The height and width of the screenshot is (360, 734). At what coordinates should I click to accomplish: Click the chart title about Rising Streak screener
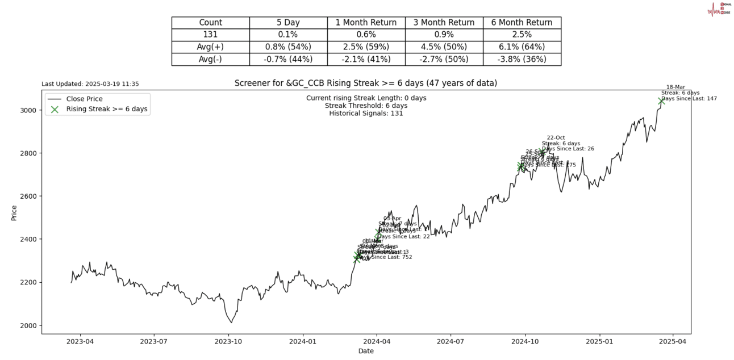tap(366, 83)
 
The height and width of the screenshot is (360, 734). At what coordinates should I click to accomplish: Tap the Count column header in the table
tap(210, 23)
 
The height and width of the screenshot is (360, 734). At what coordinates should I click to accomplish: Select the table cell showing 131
tap(210, 35)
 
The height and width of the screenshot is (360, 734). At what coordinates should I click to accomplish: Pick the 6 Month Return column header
tap(522, 23)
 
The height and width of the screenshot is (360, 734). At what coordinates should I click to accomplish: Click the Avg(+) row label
tap(210, 47)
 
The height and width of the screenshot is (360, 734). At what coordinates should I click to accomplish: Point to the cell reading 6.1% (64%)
tap(522, 47)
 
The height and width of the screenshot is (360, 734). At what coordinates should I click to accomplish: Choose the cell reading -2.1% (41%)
tap(366, 59)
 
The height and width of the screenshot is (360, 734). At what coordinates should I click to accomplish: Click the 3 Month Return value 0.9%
tap(444, 35)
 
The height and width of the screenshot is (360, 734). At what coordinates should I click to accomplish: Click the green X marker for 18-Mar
tap(661, 101)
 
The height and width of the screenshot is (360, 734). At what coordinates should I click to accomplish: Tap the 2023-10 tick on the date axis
tap(229, 342)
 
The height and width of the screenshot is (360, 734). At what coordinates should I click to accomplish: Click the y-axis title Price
tap(14, 213)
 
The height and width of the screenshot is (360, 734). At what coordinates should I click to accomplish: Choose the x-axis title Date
tap(366, 351)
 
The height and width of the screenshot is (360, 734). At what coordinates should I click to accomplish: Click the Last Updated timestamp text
tap(90, 84)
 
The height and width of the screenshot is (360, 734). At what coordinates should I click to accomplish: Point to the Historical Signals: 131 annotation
tap(366, 114)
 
